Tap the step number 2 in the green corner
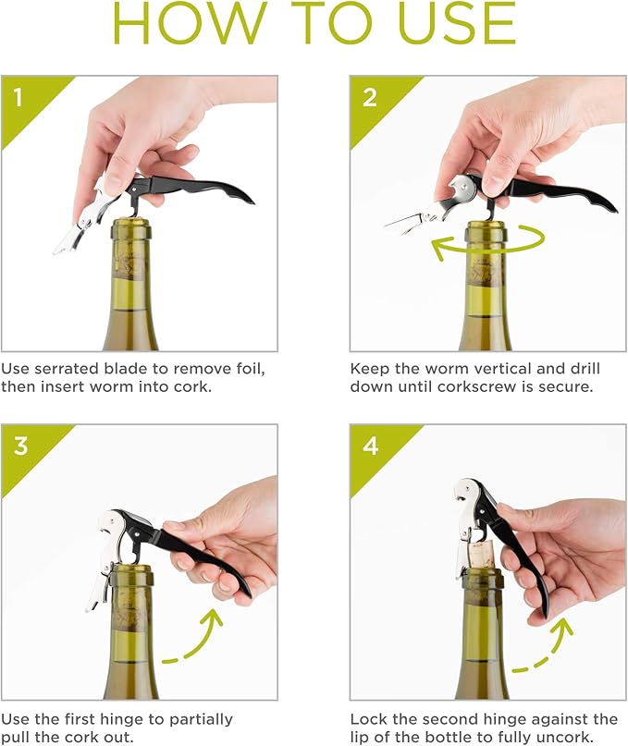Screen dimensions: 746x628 point(370,97)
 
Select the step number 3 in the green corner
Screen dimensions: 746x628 point(20,446)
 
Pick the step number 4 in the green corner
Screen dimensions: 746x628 point(370,446)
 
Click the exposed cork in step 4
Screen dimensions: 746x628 point(486,555)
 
